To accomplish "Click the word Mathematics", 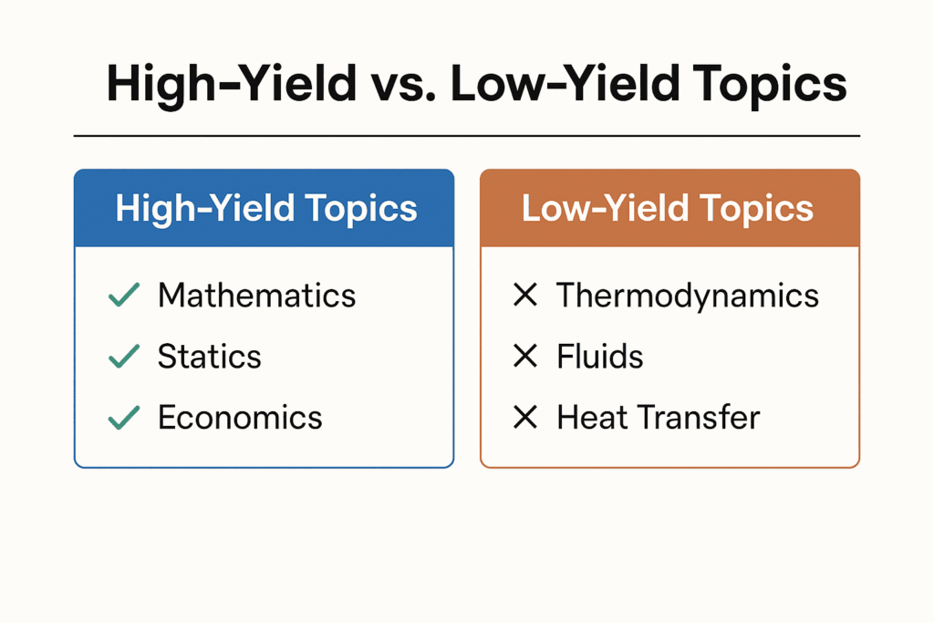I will (256, 296).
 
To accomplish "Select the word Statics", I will (209, 357).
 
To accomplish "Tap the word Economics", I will (240, 417).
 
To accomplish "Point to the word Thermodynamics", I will (688, 296).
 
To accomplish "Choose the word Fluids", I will (600, 357).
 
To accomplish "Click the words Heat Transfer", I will (658, 417).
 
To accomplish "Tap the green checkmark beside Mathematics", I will (124, 296).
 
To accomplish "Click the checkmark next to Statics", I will (124, 357).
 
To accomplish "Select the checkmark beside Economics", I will (124, 417).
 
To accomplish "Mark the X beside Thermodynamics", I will (525, 296).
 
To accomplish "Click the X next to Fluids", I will (525, 357).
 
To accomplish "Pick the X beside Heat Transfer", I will (525, 417).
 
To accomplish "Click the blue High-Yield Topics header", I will (264, 208).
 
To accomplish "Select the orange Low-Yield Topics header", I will (669, 208).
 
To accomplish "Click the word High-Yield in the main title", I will (231, 84).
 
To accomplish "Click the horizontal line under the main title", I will (466, 136).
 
